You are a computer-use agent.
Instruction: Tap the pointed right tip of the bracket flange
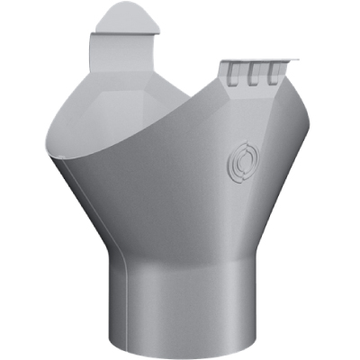coord(293,61)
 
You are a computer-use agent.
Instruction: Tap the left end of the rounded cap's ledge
coord(92,36)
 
